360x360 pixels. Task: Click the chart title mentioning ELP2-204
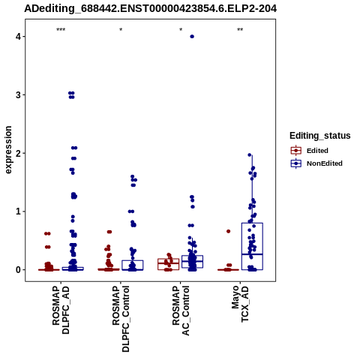click(150, 9)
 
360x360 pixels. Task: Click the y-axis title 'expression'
click(8, 150)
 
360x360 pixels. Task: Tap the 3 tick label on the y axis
click(18, 95)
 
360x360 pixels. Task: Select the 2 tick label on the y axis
click(18, 153)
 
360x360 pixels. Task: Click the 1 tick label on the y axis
click(18, 211)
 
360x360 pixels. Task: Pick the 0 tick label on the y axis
click(18, 270)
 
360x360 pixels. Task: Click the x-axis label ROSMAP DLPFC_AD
click(61, 310)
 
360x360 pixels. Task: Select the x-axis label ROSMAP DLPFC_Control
click(121, 319)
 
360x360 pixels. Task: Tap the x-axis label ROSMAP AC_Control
click(181, 311)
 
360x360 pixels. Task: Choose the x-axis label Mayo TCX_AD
click(240, 304)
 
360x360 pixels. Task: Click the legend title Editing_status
click(320, 136)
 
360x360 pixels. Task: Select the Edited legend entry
click(310, 151)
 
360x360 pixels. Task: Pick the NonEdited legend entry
click(316, 163)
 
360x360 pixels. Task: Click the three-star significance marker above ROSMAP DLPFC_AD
click(61, 30)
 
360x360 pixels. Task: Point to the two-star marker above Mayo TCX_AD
click(240, 30)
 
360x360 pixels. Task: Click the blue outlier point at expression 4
click(192, 37)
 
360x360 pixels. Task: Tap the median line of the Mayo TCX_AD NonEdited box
click(252, 254)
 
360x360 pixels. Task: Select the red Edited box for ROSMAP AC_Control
click(168, 264)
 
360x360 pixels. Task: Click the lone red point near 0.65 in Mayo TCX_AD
click(228, 232)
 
